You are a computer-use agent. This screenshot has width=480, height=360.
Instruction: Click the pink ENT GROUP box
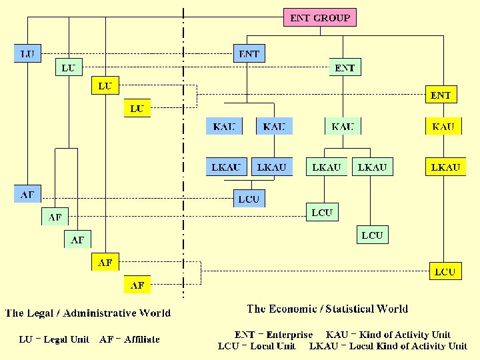click(x=321, y=17)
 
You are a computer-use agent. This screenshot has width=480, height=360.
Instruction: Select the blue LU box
click(x=27, y=53)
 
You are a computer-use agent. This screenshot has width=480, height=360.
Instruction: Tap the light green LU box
click(x=68, y=68)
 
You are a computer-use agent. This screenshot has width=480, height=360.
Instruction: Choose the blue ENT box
click(x=249, y=53)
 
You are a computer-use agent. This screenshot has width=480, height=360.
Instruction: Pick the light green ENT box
click(x=345, y=68)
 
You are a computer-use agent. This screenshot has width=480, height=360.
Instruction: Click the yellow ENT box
click(x=441, y=95)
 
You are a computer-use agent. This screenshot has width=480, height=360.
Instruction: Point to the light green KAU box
click(x=342, y=126)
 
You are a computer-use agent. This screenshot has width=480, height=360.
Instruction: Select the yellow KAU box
click(x=443, y=126)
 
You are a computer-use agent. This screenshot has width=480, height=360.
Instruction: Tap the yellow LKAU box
click(x=445, y=167)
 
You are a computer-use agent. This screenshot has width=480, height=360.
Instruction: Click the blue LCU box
click(x=248, y=199)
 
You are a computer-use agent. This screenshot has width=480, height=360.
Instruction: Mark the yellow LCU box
click(x=445, y=271)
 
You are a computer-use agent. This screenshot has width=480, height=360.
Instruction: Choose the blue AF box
click(x=27, y=195)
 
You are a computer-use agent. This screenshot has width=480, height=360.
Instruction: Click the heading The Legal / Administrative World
click(x=88, y=313)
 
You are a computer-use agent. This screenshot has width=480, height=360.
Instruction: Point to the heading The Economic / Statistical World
click(x=327, y=309)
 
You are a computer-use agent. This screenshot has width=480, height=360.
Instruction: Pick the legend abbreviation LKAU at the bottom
click(x=323, y=346)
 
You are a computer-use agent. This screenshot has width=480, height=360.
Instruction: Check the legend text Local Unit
click(x=273, y=346)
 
